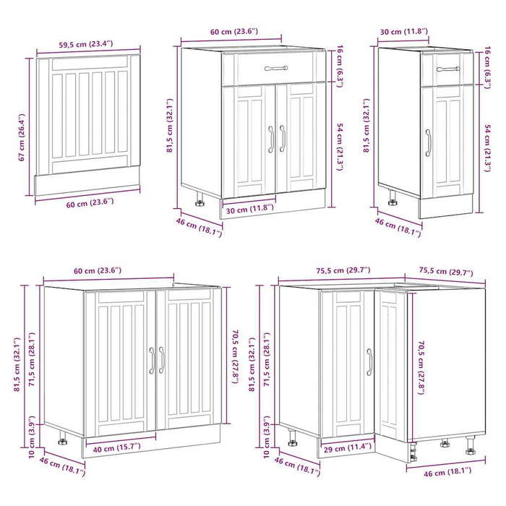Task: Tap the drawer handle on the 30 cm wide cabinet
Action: tap(447, 69)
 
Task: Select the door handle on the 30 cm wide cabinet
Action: tap(428, 142)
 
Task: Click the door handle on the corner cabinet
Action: tap(369, 361)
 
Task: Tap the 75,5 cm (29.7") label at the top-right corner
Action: tap(446, 273)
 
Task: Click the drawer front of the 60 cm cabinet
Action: tap(275, 69)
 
